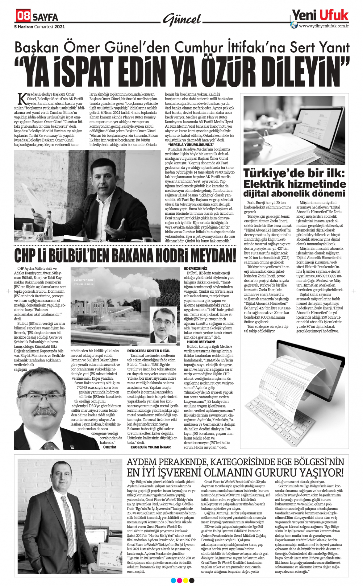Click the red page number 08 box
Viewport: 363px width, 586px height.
click(23, 15)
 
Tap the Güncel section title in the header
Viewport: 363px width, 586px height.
click(182, 20)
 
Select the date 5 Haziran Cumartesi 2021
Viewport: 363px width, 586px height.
click(40, 27)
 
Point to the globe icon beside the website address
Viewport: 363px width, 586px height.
click(294, 25)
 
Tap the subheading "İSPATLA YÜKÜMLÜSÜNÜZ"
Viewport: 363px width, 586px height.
click(191, 145)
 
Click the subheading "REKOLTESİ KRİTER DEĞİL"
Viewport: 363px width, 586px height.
click(148, 351)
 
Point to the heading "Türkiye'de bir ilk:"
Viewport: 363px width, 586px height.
click(294, 173)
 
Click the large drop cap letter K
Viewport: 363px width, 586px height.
click(22, 99)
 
